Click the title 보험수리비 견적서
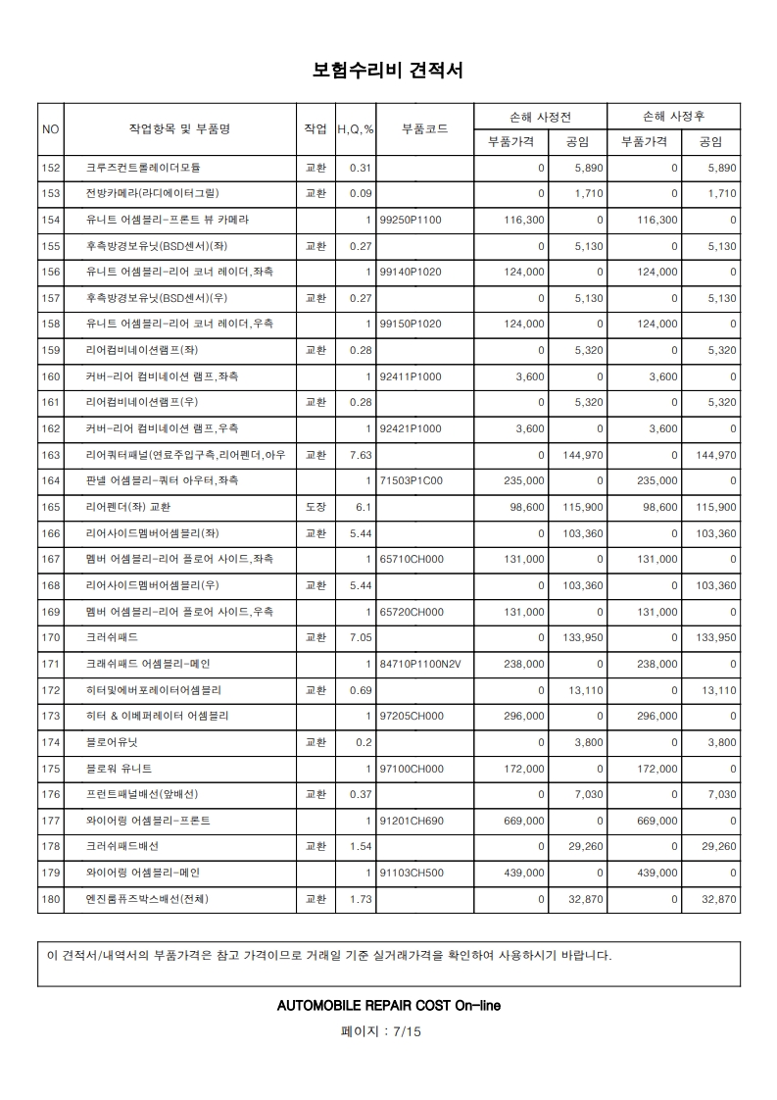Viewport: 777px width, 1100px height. click(x=388, y=70)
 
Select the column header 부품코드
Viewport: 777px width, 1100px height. click(x=424, y=128)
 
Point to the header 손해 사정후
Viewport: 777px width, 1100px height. click(x=674, y=116)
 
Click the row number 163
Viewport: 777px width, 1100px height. click(x=52, y=455)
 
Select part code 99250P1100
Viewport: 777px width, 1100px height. click(x=411, y=220)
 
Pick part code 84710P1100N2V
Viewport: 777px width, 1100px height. click(x=419, y=664)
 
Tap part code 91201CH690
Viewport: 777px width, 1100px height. click(x=411, y=821)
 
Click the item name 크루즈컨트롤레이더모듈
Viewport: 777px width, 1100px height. click(x=143, y=168)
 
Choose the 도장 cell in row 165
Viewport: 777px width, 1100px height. click(x=316, y=507)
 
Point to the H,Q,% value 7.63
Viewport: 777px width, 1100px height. click(x=360, y=455)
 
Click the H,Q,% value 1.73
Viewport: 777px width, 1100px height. click(x=362, y=899)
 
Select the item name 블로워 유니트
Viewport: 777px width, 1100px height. click(x=119, y=769)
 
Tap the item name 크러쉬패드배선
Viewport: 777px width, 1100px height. click(x=122, y=846)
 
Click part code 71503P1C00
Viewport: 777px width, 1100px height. click(x=411, y=480)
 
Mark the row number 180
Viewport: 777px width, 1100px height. click(x=52, y=899)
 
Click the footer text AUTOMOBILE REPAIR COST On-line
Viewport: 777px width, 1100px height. click(x=389, y=1005)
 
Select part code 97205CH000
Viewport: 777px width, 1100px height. click(x=411, y=716)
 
